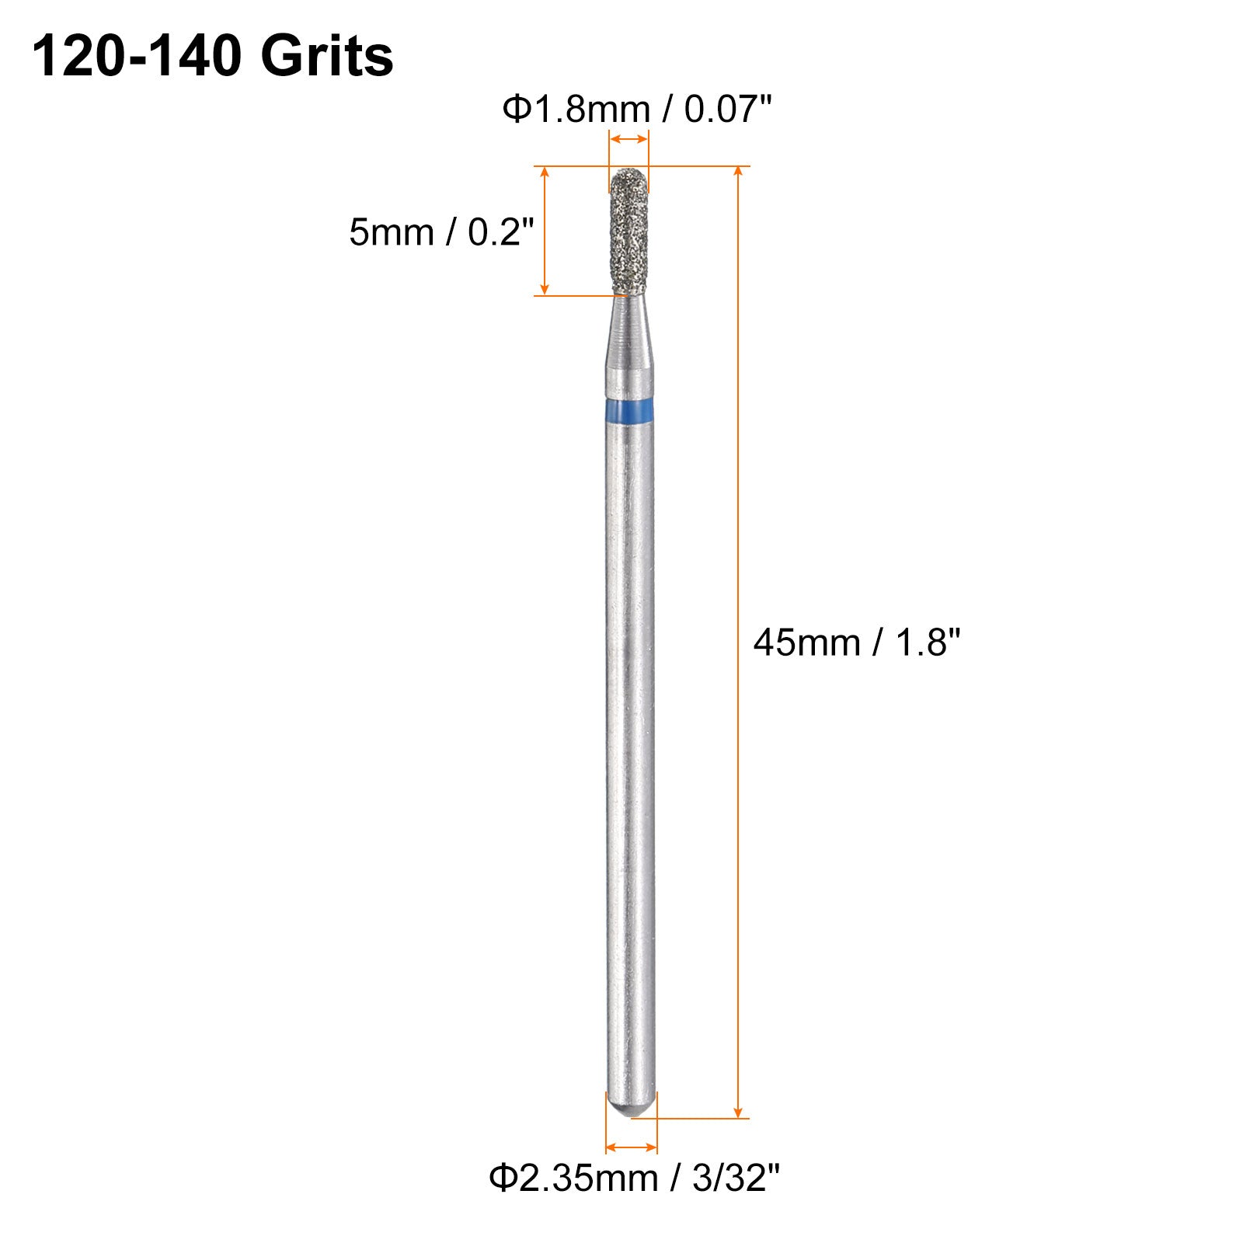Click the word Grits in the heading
[327, 57]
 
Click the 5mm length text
[391, 232]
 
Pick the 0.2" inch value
[501, 232]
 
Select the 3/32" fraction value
[735, 1178]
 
